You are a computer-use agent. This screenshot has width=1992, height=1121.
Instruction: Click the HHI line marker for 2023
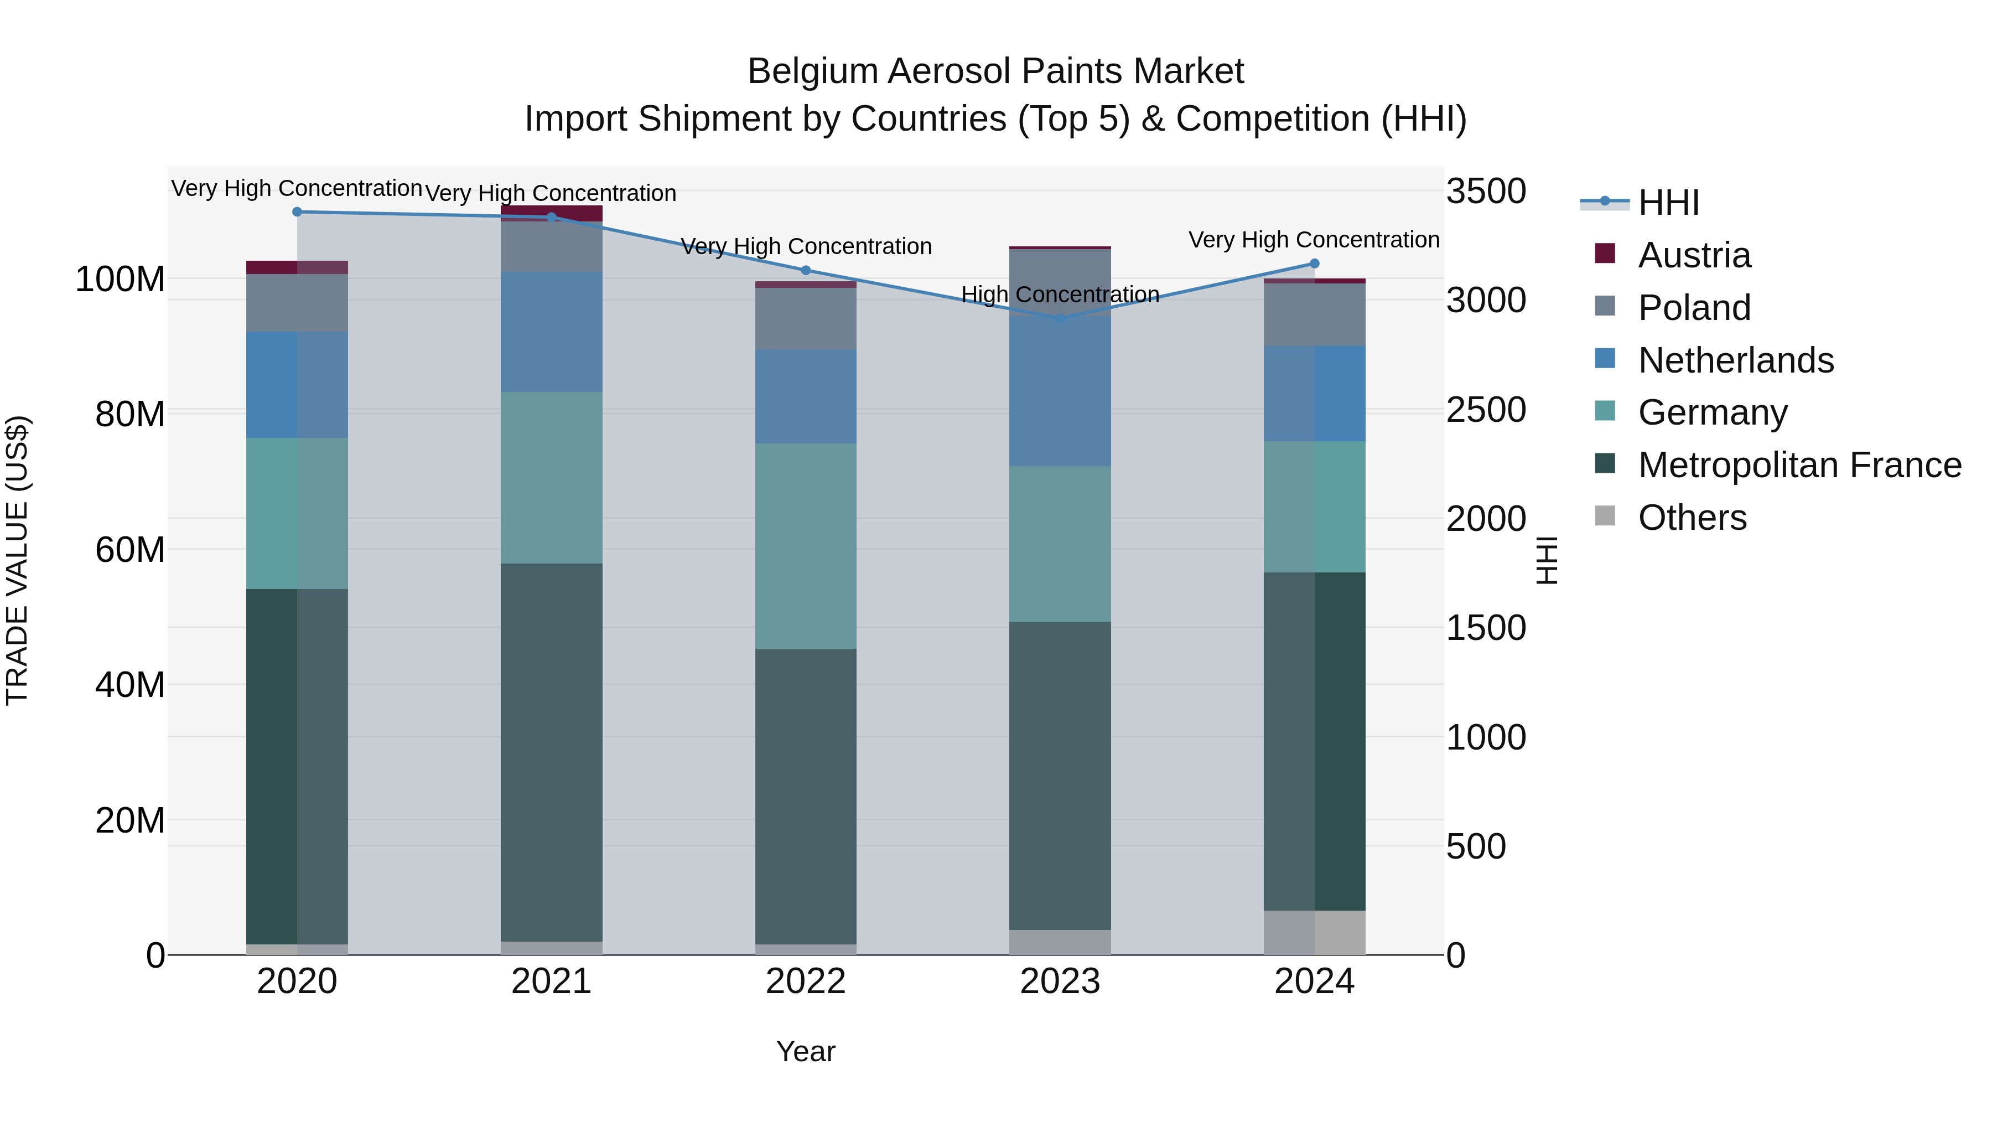[1060, 318]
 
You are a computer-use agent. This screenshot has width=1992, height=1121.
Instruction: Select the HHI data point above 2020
[297, 211]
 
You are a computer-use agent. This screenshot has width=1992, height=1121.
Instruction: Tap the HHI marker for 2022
[805, 270]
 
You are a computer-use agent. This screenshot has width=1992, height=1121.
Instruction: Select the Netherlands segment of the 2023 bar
[1060, 391]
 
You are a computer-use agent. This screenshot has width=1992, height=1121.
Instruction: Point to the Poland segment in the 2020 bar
[297, 302]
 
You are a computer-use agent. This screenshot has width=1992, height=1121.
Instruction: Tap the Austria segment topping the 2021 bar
[551, 212]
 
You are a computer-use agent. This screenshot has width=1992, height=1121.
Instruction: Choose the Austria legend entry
[1694, 255]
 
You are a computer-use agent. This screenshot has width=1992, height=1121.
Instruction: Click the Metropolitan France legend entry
[1799, 465]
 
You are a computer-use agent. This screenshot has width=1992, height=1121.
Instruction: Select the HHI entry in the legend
[1668, 203]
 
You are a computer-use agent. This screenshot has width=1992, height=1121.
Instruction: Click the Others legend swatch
[1605, 516]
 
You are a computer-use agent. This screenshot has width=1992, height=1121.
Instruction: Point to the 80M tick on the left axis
[130, 414]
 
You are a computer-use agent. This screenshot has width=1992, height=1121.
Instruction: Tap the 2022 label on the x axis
[805, 981]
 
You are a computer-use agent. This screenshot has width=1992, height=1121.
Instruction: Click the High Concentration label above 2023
[1060, 295]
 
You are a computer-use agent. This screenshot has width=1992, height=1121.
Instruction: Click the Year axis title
[805, 1051]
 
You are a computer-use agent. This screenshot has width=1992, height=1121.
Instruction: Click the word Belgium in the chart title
[813, 71]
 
